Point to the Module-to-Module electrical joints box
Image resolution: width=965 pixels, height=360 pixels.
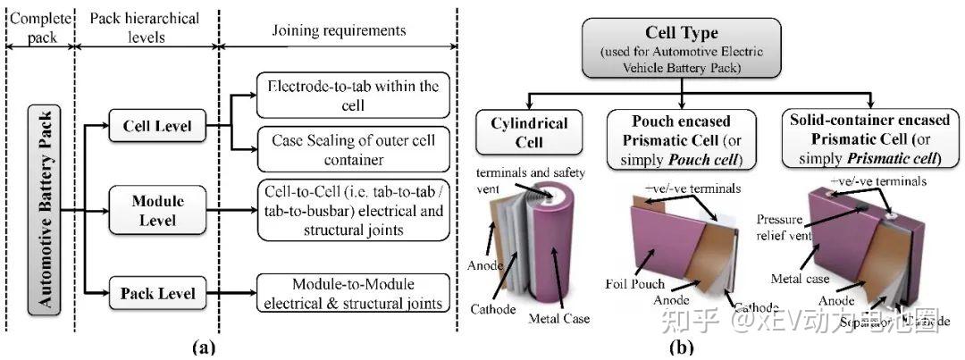click(x=353, y=294)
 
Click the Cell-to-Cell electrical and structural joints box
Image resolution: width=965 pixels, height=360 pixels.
click(x=353, y=211)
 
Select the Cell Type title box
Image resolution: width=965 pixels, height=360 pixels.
click(x=683, y=46)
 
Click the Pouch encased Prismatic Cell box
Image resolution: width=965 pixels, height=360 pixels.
click(x=681, y=139)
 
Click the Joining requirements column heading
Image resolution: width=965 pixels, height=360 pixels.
click(x=339, y=30)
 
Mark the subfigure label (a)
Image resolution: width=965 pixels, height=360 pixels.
click(x=202, y=347)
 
